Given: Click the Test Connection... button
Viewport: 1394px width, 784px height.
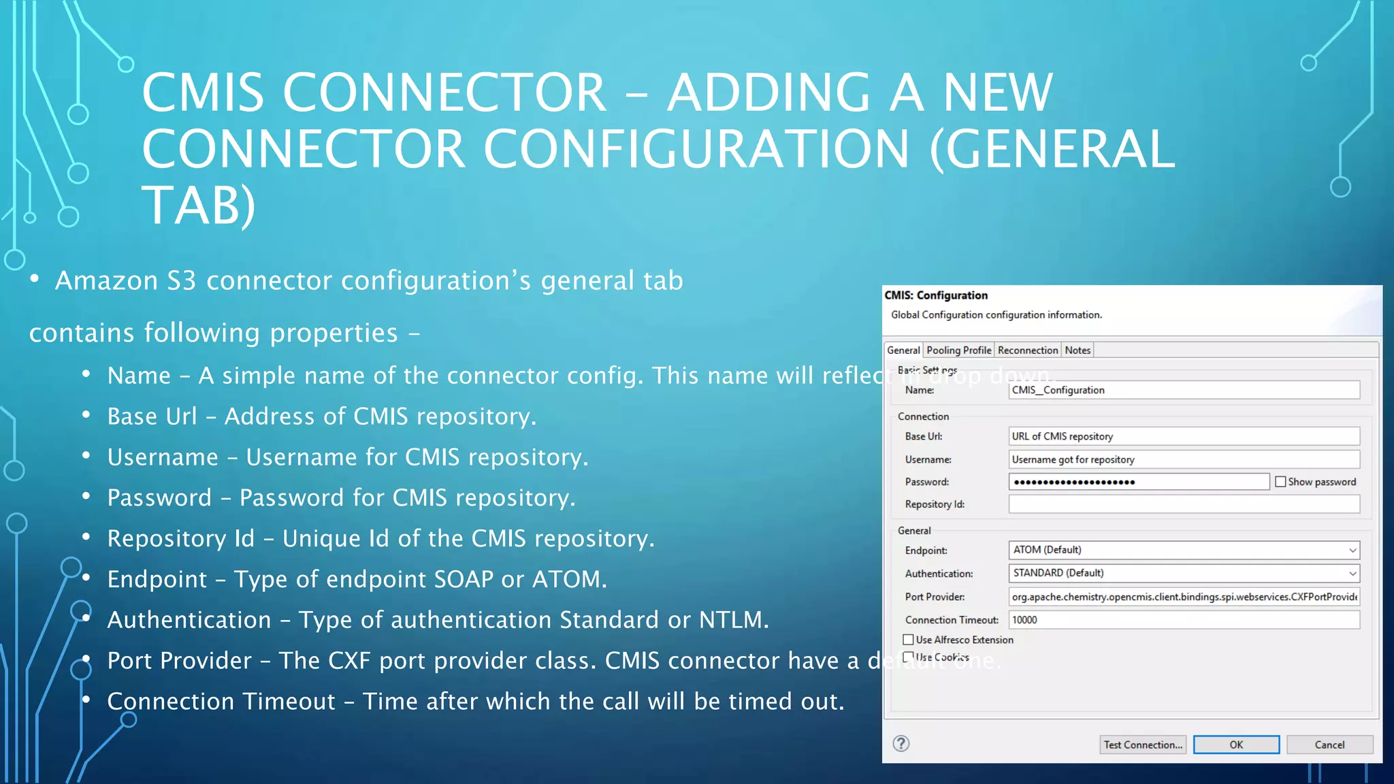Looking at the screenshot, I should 1142,745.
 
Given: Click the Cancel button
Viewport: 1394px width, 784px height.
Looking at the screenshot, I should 1329,745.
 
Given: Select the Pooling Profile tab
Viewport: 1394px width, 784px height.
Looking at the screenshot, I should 958,350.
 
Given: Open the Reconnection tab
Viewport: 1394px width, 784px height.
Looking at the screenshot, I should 1027,350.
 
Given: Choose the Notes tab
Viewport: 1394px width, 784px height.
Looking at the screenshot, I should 1077,350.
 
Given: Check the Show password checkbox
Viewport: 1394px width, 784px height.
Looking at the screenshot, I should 1280,482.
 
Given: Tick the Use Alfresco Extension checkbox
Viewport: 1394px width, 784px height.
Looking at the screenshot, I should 908,640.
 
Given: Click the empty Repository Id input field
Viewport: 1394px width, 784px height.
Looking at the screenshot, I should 1184,504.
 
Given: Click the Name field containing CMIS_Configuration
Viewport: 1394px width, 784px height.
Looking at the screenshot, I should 1184,390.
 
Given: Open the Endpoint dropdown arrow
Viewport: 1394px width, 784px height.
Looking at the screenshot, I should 1352,550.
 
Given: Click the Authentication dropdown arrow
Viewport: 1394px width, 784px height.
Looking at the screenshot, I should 1352,573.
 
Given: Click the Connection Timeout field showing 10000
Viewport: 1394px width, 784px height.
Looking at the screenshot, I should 1184,620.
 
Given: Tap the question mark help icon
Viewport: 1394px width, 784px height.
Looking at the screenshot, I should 901,743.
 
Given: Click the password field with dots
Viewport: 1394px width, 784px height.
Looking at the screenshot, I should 1138,482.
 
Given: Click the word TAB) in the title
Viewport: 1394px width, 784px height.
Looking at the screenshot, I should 198,206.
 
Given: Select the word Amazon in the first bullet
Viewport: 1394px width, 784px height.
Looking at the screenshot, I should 106,281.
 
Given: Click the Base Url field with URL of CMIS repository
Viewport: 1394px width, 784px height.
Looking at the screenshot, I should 1184,436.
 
